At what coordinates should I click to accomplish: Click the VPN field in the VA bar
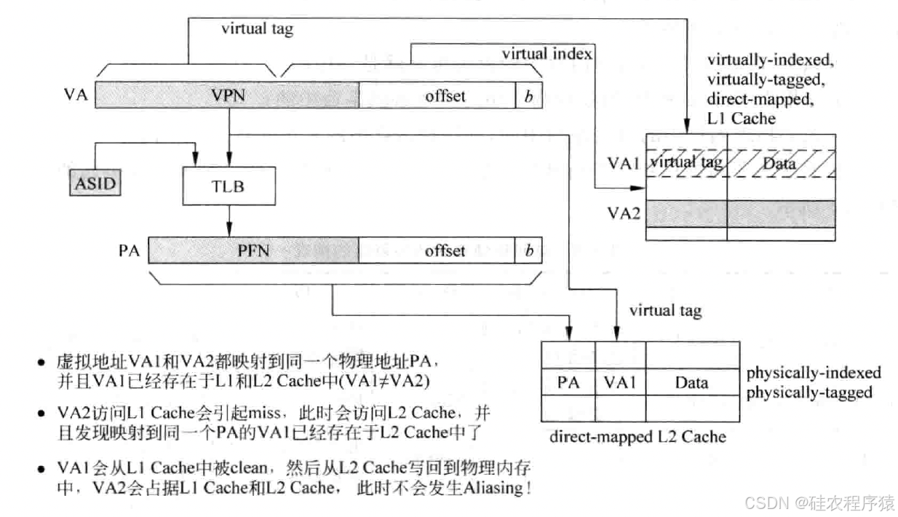point(226,95)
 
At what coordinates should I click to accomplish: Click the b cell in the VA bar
point(529,95)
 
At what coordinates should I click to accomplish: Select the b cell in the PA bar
point(529,250)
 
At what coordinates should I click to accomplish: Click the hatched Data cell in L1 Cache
point(779,163)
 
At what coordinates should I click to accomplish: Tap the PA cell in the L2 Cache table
point(568,382)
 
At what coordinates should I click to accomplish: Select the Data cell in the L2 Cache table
point(691,382)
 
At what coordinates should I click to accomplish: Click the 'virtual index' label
point(547,53)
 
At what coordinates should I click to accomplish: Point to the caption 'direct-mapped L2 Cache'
point(637,437)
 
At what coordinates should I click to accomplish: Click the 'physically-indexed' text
point(814,373)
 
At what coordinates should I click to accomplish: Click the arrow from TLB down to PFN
point(229,218)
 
